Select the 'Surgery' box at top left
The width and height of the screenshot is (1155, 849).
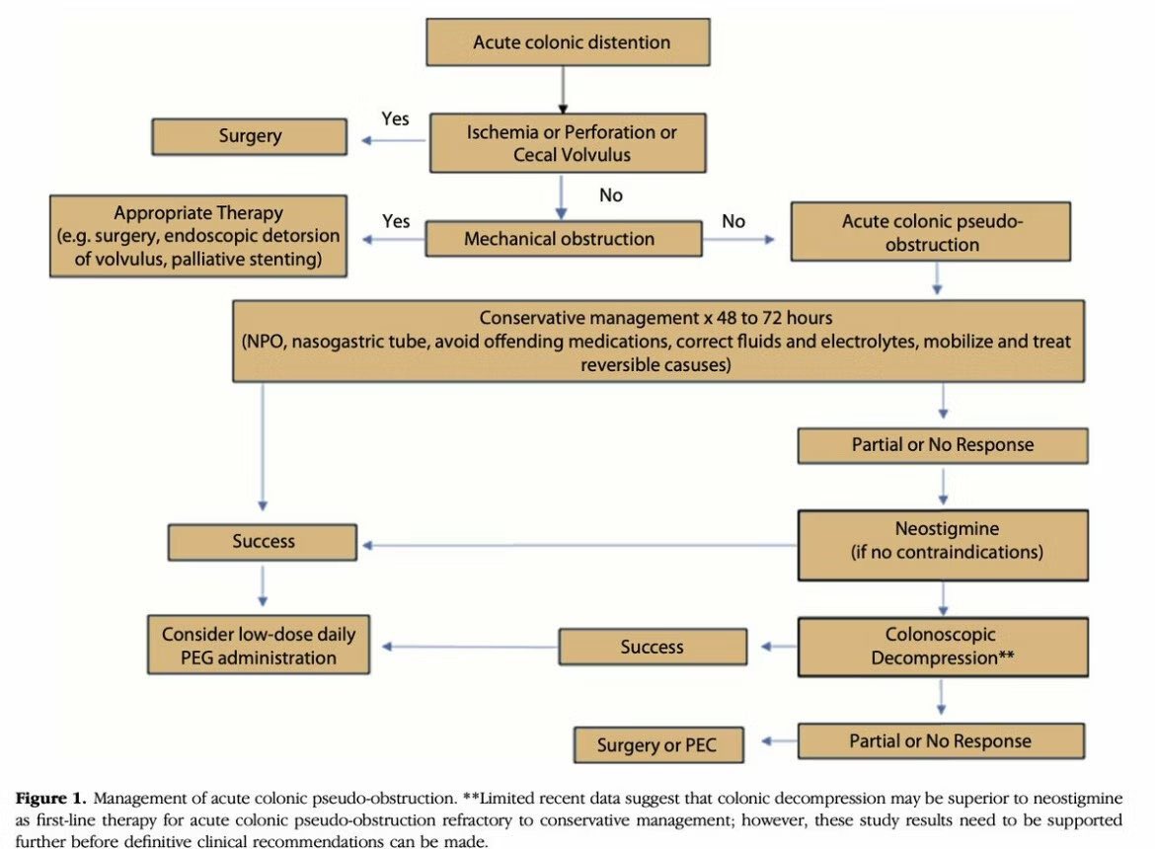click(249, 136)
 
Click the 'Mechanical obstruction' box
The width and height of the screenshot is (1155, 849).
click(559, 239)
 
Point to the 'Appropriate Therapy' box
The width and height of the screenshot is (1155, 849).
click(198, 236)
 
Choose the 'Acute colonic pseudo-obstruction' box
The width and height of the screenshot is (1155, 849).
click(931, 232)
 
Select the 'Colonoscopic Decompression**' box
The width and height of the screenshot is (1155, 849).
click(942, 647)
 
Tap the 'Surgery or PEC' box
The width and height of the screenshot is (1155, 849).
click(655, 745)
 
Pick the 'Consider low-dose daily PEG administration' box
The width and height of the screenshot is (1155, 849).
click(259, 646)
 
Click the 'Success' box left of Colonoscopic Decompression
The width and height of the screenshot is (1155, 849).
click(652, 648)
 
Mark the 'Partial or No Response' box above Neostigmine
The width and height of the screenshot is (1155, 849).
click(942, 445)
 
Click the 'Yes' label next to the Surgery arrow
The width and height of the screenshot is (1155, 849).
click(396, 118)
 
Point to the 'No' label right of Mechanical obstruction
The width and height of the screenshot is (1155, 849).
click(733, 221)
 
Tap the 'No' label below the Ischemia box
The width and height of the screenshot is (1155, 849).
click(611, 195)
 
